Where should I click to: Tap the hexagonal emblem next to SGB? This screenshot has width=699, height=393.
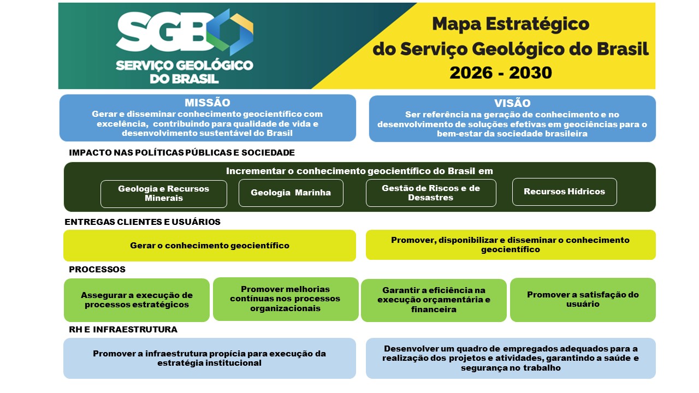(230, 32)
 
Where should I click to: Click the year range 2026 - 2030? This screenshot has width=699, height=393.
(501, 73)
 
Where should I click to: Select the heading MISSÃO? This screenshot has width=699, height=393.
(208, 103)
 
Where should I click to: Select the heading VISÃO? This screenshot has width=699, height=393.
(512, 103)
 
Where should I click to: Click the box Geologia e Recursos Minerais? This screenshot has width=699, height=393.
(163, 194)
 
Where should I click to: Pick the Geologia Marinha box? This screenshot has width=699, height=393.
(291, 193)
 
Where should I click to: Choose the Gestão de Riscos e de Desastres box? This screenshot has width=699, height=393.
(431, 193)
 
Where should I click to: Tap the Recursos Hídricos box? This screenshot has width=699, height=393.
(565, 192)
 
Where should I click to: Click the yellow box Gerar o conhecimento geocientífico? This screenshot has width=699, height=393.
(210, 246)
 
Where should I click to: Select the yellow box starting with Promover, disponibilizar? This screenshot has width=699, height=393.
(511, 245)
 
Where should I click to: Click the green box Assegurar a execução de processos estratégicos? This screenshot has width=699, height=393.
(137, 300)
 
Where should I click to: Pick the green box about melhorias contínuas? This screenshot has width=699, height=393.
(286, 299)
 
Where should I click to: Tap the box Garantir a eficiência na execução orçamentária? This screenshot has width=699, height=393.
(434, 300)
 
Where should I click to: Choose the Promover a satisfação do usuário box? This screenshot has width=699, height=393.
(583, 300)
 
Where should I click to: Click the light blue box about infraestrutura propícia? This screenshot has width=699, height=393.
(210, 359)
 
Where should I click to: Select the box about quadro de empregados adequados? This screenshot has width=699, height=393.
(511, 359)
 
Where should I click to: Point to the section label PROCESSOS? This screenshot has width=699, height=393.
(97, 270)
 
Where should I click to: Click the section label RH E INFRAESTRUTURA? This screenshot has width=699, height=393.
(123, 329)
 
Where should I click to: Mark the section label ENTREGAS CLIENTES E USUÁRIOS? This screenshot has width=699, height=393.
(143, 222)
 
